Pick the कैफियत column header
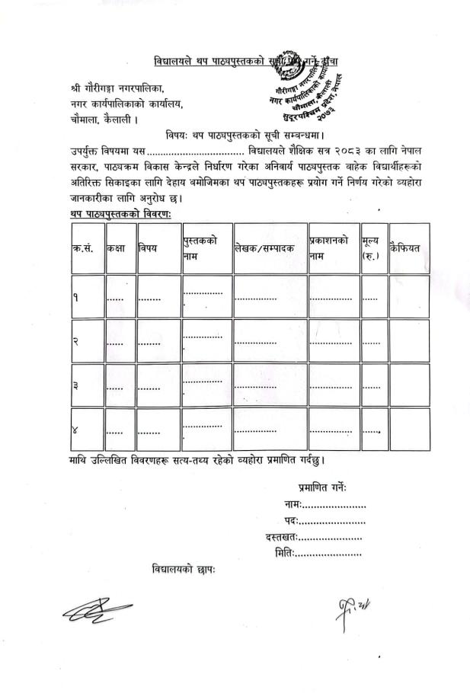405,248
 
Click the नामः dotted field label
293,504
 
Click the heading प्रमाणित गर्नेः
322,487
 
